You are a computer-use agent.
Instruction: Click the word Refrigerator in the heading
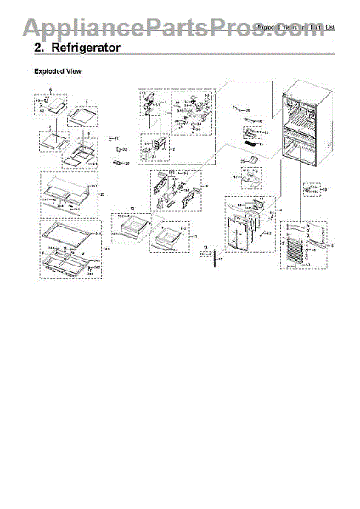click(x=88, y=48)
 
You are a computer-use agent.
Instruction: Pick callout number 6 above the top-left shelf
click(x=49, y=90)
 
